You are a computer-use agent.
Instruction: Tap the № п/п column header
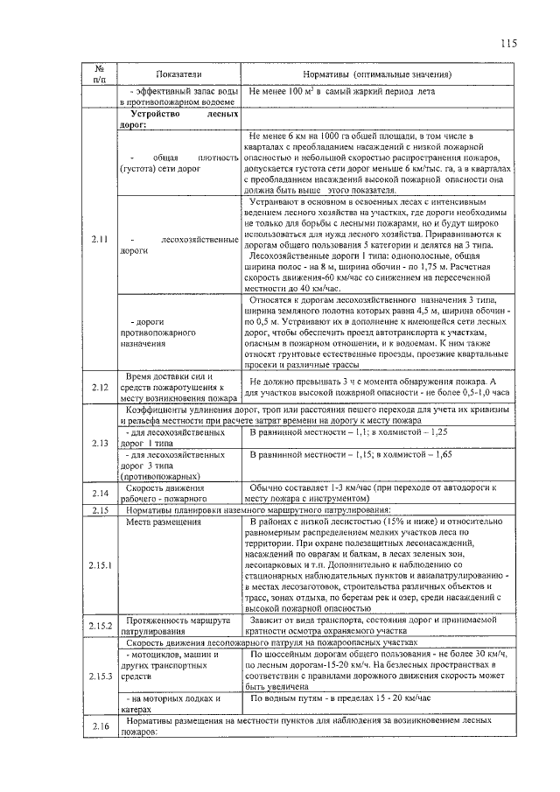coord(100,74)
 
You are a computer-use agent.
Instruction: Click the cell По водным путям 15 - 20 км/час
coord(341,699)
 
